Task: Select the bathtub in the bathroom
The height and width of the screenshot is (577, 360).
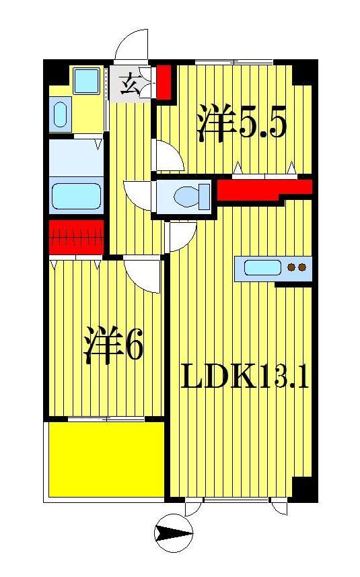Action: coord(77,196)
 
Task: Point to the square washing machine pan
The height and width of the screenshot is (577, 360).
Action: coord(87,82)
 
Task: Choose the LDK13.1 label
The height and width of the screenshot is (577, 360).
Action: coord(245,378)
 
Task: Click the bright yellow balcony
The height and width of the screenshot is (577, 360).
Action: coord(106,458)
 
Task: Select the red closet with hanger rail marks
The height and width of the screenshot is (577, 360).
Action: coord(76,238)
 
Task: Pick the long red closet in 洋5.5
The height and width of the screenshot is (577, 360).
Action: coord(262,190)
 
